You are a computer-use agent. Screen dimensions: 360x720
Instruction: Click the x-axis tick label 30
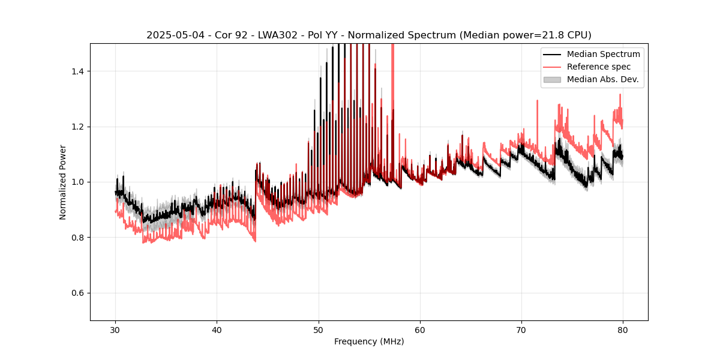point(116,330)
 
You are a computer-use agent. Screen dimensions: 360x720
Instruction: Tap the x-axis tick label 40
point(217,330)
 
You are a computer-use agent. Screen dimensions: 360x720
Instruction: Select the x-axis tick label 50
point(319,330)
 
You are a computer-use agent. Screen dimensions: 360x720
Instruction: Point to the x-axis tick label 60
point(420,330)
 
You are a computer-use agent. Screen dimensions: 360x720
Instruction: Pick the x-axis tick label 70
point(521,330)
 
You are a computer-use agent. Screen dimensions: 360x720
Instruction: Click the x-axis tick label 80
point(623,330)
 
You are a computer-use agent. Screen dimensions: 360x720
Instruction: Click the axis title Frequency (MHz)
point(369,342)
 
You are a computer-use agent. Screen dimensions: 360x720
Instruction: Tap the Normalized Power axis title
point(63,182)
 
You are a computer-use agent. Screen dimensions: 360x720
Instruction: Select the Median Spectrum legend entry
point(603,55)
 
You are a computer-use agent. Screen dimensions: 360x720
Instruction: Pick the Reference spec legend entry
point(599,67)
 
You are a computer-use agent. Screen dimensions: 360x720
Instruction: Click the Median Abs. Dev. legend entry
point(602,79)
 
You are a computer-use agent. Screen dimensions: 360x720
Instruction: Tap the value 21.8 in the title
point(538,35)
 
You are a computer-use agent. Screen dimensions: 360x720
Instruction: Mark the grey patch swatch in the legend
point(552,79)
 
